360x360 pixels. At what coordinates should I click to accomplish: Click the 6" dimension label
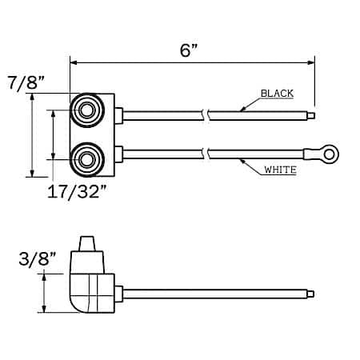click(189, 50)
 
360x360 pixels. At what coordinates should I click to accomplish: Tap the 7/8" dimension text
click(26, 82)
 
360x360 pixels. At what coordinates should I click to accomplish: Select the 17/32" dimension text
click(77, 191)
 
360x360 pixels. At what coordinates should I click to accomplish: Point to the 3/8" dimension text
click(38, 258)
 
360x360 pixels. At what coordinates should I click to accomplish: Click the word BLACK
click(277, 94)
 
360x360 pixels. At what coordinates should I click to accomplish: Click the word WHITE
click(280, 170)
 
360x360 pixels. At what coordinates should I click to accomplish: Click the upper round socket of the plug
click(86, 110)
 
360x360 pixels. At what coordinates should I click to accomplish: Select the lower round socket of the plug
click(86, 160)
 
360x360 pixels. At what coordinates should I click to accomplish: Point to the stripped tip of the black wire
click(311, 116)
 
